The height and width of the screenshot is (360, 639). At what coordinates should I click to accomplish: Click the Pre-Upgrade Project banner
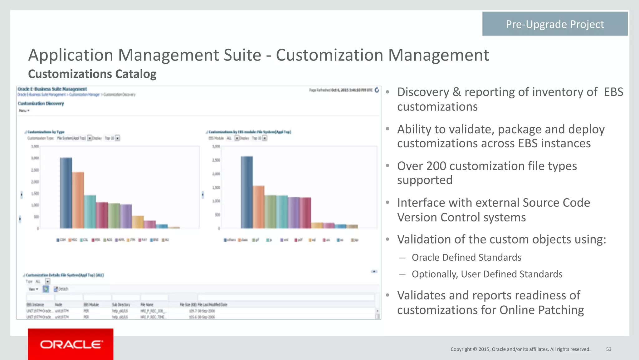pyautogui.click(x=554, y=24)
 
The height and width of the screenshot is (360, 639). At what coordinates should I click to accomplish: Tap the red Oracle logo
pyautogui.click(x=71, y=344)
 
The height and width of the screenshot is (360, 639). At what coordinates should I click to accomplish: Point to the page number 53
pyautogui.click(x=608, y=349)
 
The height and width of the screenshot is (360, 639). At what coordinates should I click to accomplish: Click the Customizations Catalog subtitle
pyautogui.click(x=92, y=74)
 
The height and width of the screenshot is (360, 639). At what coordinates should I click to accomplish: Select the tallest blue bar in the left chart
pyautogui.click(x=66, y=193)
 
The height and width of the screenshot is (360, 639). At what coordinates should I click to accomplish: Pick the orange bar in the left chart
pyautogui.click(x=78, y=200)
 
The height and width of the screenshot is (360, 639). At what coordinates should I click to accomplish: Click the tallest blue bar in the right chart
pyautogui.click(x=247, y=192)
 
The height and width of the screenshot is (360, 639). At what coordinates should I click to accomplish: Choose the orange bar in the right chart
pyautogui.click(x=259, y=207)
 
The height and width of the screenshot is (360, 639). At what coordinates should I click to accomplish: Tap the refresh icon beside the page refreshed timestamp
pyautogui.click(x=377, y=90)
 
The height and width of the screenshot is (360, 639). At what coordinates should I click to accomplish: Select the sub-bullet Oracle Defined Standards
pyautogui.click(x=466, y=257)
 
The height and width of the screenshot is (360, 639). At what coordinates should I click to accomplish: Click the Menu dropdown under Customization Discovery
pyautogui.click(x=24, y=111)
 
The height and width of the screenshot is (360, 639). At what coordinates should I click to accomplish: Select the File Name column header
pyautogui.click(x=147, y=304)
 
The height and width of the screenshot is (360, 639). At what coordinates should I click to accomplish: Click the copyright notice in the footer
pyautogui.click(x=520, y=349)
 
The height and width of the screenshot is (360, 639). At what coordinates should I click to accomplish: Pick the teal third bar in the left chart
pyautogui.click(x=90, y=211)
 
